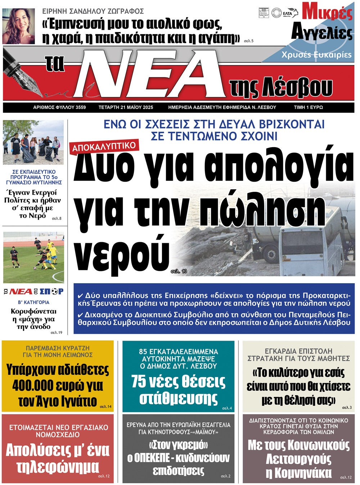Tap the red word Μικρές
coord(327,12)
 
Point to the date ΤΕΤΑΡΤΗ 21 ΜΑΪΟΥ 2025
coord(126,107)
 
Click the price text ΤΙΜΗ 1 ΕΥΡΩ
coord(308,107)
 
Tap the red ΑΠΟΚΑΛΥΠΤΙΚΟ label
coord(104,146)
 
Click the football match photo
coord(33,257)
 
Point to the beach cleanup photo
coord(33,142)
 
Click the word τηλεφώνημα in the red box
coord(58,467)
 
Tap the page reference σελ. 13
coord(179,271)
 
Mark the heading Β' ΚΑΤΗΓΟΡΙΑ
coord(33,302)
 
